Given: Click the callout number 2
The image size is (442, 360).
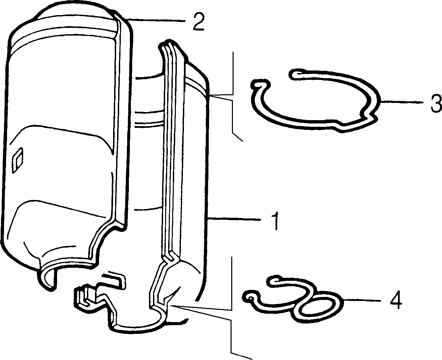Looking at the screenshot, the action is [x=199, y=22].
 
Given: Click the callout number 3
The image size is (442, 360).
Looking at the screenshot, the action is [x=436, y=103].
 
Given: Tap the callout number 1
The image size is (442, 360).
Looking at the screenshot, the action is [x=275, y=221].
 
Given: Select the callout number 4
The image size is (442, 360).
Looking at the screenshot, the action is [x=396, y=300].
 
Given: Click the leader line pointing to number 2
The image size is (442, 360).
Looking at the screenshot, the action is [x=156, y=20].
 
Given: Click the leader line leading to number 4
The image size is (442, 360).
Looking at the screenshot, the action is [x=361, y=300].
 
